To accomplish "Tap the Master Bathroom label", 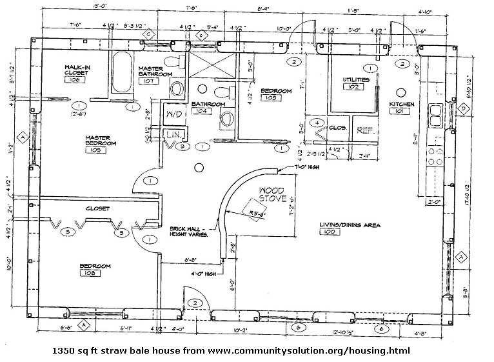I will point(155,71).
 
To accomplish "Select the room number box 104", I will point(202,111).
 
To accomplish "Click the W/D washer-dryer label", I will point(174,114).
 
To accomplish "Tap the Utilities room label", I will point(356,79).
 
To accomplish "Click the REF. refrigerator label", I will point(364,128).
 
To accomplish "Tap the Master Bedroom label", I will point(99,141).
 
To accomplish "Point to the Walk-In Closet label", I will point(76,70).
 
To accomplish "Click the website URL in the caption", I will point(308,350).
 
